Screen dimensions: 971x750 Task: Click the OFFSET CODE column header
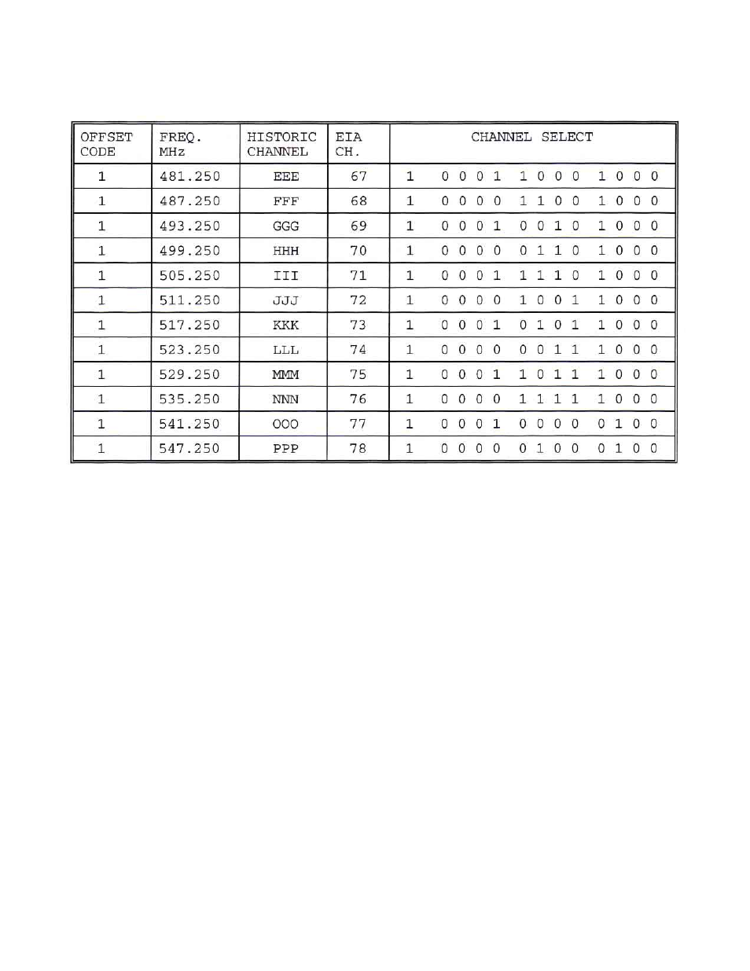coord(107,144)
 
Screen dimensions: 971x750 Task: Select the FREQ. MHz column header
coord(180,144)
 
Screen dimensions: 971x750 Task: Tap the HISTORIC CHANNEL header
coord(281,144)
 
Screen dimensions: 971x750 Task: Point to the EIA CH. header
coord(348,144)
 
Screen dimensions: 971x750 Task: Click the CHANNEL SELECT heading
coord(532,137)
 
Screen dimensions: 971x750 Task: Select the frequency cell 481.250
coord(189,176)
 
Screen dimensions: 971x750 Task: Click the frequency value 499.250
coord(189,251)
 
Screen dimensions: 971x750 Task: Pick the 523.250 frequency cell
coord(189,350)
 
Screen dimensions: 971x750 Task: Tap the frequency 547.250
coord(189,449)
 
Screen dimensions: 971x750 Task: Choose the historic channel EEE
coord(285,176)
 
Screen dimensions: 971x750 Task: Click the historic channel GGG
coord(285,226)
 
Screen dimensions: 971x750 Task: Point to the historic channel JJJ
coord(285,300)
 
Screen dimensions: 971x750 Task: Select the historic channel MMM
coord(285,374)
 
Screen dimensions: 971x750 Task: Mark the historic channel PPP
coord(285,449)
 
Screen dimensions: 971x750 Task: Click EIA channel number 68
coord(358,201)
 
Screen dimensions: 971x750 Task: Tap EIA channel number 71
coord(358,275)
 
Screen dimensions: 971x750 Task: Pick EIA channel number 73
coord(358,325)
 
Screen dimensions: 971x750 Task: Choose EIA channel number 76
coord(358,399)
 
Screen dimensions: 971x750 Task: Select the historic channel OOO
coord(285,424)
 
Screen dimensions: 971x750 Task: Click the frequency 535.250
coord(189,399)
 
